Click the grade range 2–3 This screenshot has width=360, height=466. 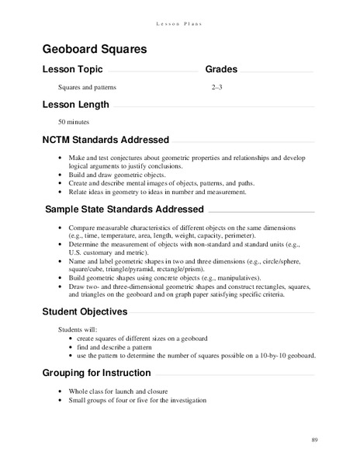[x=217, y=88]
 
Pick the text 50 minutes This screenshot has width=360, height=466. [x=74, y=122]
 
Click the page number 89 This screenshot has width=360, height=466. [x=315, y=440]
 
